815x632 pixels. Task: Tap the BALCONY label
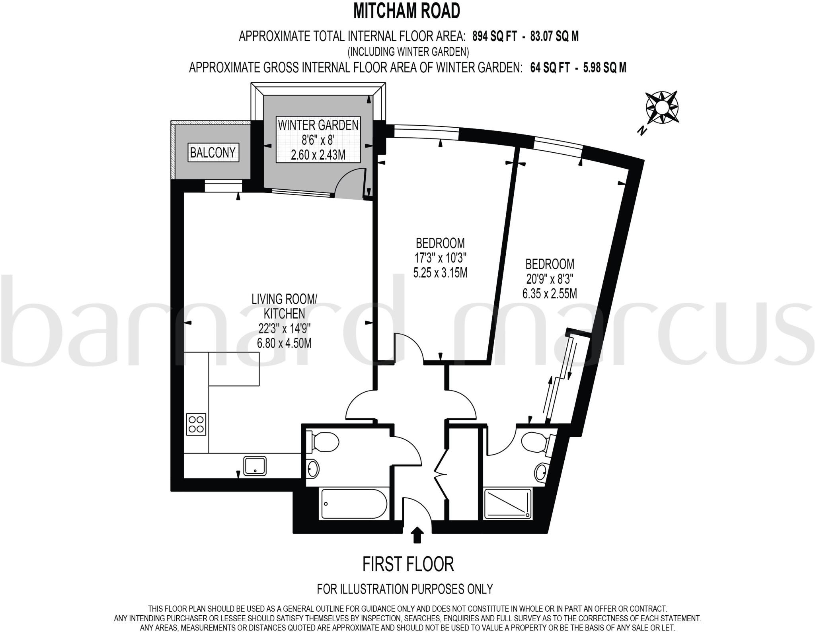tap(213, 152)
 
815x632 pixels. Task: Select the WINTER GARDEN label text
tap(318, 125)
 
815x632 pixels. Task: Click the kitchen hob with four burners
tap(196, 424)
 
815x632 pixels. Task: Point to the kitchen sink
tap(255, 466)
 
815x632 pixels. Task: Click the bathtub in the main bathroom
tap(353, 503)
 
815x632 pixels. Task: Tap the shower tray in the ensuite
tap(508, 504)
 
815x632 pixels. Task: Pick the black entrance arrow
tap(417, 535)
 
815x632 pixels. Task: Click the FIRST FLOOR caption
tap(408, 564)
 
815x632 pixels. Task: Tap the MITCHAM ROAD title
tap(407, 11)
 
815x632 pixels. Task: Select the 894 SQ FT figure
tap(495, 37)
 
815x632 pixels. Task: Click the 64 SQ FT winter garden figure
tap(550, 68)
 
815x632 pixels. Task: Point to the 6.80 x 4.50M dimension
tap(284, 343)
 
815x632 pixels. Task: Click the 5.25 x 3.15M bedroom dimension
tap(440, 273)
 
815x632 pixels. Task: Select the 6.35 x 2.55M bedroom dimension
tap(550, 294)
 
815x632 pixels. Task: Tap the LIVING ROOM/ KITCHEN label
tap(285, 306)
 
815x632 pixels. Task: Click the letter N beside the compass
tap(641, 130)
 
